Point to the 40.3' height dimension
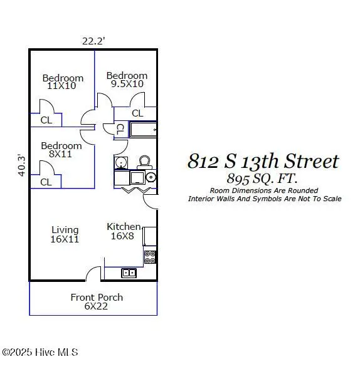coord(21,165)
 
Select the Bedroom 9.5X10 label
coord(127,80)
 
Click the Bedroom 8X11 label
coord(61,150)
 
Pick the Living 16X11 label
coord(65,234)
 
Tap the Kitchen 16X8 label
coord(124,231)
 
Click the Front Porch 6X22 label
coord(96,301)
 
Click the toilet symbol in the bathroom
coord(145,162)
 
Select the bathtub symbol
coord(142,130)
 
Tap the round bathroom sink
coord(151,177)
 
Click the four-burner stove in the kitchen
coord(150,256)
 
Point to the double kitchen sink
coord(129,273)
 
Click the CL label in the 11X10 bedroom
coord(46,120)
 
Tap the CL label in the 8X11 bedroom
coord(46,182)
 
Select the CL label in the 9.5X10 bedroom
coord(137,113)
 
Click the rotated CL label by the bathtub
coord(120,129)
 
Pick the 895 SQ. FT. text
coord(263,179)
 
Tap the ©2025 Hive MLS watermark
coord(40,353)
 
